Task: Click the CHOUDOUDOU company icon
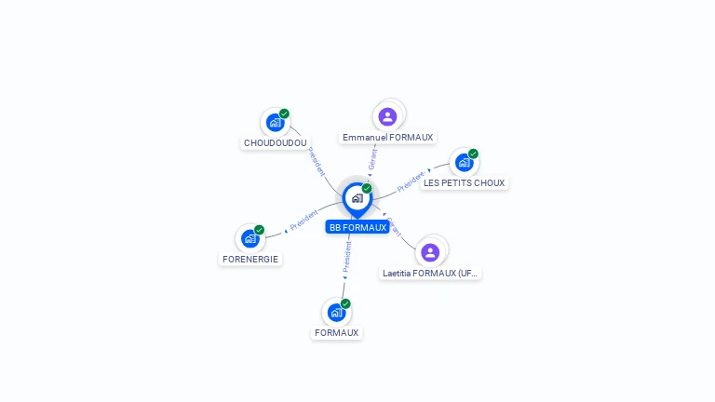(x=275, y=122)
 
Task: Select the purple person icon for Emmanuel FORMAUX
(x=388, y=116)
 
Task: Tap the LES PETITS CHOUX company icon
(x=464, y=163)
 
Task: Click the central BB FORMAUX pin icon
(x=357, y=197)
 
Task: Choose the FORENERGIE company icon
(x=250, y=238)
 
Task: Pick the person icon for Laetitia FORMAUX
(x=430, y=251)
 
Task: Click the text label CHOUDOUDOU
(x=275, y=143)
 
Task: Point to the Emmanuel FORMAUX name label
(x=387, y=138)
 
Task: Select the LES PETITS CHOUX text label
(x=464, y=183)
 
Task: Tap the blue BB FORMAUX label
(x=357, y=227)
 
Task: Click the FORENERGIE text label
(x=250, y=259)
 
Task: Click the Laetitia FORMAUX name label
(x=430, y=274)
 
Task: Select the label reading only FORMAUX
(x=336, y=332)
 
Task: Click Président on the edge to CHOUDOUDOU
(x=317, y=162)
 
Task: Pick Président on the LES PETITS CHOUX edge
(x=411, y=181)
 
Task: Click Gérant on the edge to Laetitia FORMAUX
(x=394, y=226)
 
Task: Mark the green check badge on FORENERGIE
(x=260, y=230)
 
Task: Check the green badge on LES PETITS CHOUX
(x=473, y=154)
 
